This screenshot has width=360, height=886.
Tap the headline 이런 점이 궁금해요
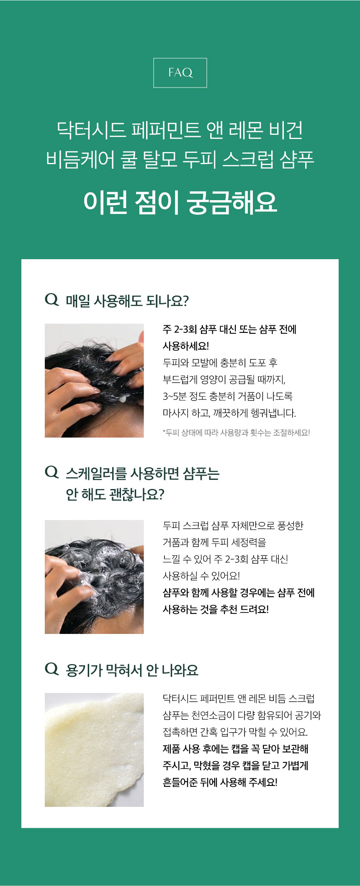coord(180,203)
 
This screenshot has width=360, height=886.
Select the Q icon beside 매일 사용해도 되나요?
coord(51,300)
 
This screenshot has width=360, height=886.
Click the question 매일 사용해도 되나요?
coord(127,301)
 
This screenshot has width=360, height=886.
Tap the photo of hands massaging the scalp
coord(94,381)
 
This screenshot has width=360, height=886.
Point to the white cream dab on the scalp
coord(123,398)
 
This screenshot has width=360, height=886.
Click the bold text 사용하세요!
coord(186,346)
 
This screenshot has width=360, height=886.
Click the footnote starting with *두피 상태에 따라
coord(236,433)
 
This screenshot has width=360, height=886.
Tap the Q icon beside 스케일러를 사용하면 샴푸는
coord(51,472)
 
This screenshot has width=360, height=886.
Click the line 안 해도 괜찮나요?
coord(115,495)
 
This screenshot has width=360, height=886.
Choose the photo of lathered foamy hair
coord(94,577)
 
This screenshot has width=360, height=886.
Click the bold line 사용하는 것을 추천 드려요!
coord(216,609)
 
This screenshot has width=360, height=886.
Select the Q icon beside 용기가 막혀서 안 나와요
coord(51,669)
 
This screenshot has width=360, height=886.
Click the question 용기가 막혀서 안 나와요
coord(132,670)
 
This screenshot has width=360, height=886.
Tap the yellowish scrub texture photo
coord(94,750)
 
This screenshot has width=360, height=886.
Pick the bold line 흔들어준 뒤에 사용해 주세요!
coord(220,782)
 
